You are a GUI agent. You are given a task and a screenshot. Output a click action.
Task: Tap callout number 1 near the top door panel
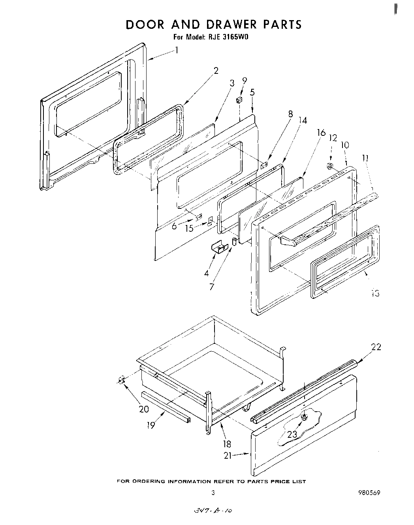click(x=177, y=50)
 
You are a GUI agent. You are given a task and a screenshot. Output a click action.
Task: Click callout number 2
click(x=216, y=71)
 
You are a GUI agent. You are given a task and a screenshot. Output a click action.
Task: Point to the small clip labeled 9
click(x=239, y=100)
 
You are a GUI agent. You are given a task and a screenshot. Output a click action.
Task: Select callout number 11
click(x=365, y=158)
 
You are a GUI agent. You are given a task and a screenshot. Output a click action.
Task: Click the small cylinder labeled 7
click(x=234, y=241)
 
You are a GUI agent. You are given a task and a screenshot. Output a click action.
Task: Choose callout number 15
click(x=190, y=228)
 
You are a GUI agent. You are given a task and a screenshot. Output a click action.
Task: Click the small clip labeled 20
click(x=122, y=380)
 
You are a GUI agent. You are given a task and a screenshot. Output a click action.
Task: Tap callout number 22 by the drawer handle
click(x=376, y=347)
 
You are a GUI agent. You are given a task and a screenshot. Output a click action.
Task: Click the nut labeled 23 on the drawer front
click(x=304, y=417)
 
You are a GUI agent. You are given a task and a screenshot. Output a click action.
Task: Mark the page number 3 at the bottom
click(x=213, y=493)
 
